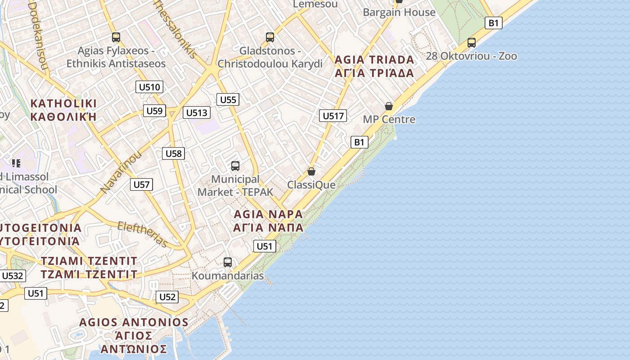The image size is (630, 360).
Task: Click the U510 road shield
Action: [x=149, y=87]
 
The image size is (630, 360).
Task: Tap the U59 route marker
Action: [x=154, y=111]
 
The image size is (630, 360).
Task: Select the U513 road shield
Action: [x=197, y=112]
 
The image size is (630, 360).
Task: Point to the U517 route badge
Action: [x=333, y=116]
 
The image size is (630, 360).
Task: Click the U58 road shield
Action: [x=173, y=153]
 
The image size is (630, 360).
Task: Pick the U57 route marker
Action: [x=141, y=184]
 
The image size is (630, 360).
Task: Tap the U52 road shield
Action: [x=167, y=297]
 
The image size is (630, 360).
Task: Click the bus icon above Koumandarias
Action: [x=228, y=262]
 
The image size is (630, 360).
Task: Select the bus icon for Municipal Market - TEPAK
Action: [x=235, y=166]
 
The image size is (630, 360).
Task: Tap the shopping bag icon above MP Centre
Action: [x=389, y=106]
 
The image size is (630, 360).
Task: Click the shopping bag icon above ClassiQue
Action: [x=311, y=171]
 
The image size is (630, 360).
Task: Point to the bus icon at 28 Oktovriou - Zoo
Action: [x=472, y=43]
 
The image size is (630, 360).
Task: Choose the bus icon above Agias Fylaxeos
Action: [x=116, y=37]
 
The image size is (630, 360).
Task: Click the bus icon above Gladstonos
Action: [x=270, y=37]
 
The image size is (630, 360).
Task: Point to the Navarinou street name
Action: [x=121, y=173]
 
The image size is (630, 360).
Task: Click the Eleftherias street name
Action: [x=143, y=234]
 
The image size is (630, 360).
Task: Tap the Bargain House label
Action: [x=399, y=12]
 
